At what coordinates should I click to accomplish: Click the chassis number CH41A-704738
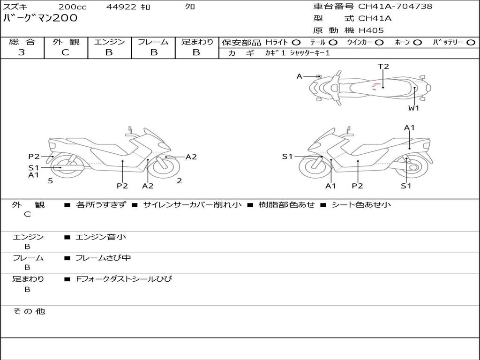click(x=395, y=7)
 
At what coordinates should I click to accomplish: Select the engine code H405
click(x=371, y=30)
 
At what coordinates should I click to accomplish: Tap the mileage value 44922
click(x=121, y=7)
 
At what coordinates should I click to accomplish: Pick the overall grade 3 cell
click(x=22, y=52)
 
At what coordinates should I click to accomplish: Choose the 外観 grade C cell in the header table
click(x=66, y=52)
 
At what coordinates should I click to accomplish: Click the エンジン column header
click(x=109, y=42)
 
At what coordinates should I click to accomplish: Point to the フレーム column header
click(x=153, y=42)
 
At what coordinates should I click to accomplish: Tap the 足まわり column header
click(x=197, y=42)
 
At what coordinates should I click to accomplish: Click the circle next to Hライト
click(x=296, y=43)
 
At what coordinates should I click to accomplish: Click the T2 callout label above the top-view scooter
click(x=383, y=67)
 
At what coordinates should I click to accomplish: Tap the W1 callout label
click(x=413, y=108)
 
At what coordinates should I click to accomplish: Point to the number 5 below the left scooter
click(x=50, y=180)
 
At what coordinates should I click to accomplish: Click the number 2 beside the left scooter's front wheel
click(x=180, y=180)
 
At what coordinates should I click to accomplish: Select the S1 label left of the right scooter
click(x=287, y=157)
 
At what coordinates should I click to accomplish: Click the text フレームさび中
click(x=103, y=258)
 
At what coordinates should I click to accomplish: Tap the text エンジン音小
click(x=101, y=237)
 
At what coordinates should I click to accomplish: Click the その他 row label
click(x=29, y=311)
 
